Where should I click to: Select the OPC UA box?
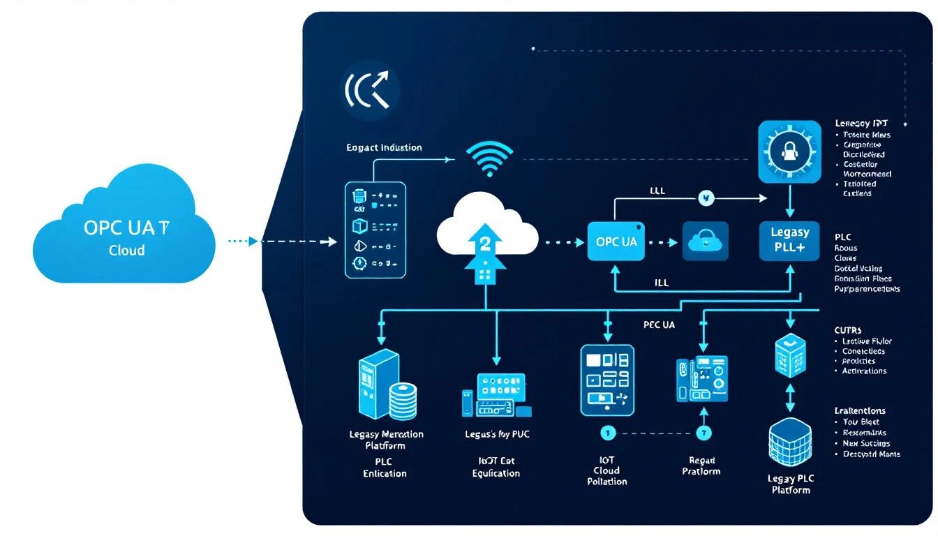pyautogui.click(x=616, y=241)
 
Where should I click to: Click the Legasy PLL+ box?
pyautogui.click(x=789, y=241)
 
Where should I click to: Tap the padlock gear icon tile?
pyautogui.click(x=789, y=151)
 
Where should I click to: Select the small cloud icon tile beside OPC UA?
pyautogui.click(x=705, y=241)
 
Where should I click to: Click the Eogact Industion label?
pyautogui.click(x=384, y=147)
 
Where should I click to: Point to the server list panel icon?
pyautogui.click(x=375, y=230)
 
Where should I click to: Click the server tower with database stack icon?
pyautogui.click(x=385, y=386)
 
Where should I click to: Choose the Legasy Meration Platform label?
pyautogui.click(x=386, y=440)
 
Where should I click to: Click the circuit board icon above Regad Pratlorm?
pyautogui.click(x=701, y=379)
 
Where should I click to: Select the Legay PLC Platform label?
pyautogui.click(x=791, y=484)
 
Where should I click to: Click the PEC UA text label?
pyautogui.click(x=658, y=325)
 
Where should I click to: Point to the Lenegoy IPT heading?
pyautogui.click(x=861, y=123)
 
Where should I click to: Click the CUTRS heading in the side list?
pyautogui.click(x=847, y=329)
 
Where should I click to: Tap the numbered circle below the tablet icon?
pyautogui.click(x=606, y=433)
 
